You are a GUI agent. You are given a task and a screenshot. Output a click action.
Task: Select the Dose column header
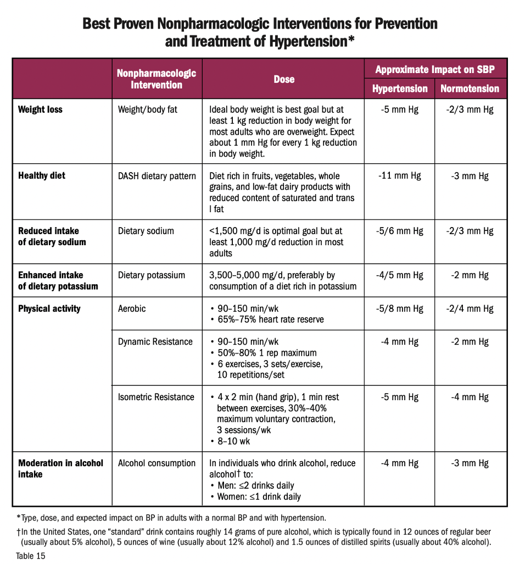284,79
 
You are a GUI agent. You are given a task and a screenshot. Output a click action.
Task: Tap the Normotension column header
470,89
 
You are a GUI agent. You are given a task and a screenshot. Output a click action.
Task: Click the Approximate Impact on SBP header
435,69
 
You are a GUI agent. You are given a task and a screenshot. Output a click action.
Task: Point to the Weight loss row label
40,109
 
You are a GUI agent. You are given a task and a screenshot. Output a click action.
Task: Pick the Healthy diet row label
42,176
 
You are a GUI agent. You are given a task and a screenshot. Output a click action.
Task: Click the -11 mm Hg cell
399,176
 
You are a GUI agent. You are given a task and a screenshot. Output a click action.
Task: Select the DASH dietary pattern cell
157,176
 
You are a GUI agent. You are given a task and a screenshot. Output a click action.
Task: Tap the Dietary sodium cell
146,231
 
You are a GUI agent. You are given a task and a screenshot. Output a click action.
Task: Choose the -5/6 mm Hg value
399,231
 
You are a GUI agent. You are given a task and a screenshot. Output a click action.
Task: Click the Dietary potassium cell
152,275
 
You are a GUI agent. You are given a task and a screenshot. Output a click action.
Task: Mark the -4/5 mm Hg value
399,275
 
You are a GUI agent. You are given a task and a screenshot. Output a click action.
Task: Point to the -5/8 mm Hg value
399,308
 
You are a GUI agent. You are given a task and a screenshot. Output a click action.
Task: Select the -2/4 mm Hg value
470,308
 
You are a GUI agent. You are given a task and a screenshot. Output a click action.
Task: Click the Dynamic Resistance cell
155,341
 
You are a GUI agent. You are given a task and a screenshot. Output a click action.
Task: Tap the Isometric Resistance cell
156,397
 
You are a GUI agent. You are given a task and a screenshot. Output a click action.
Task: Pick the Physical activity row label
49,308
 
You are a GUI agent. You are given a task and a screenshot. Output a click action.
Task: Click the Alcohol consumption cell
157,463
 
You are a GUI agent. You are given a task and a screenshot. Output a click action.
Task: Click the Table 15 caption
31,556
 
